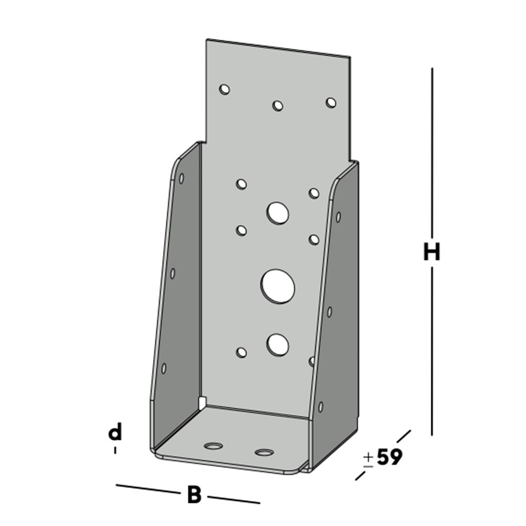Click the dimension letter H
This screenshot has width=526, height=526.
[x=431, y=253]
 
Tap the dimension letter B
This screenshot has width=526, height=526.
[x=194, y=495]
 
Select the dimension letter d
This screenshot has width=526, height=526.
[x=115, y=433]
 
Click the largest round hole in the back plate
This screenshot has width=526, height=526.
[x=277, y=286]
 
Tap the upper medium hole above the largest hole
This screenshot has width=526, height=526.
[x=277, y=213]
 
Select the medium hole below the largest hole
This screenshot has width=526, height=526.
[x=277, y=345]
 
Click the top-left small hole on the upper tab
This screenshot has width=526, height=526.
[x=225, y=89]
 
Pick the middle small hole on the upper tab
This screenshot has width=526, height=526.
[x=278, y=106]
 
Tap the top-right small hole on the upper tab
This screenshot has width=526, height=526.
[x=331, y=103]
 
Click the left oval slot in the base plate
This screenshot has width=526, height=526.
[x=213, y=447]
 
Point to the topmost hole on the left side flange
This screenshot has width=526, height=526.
[x=181, y=179]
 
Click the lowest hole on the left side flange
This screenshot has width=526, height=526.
[x=164, y=368]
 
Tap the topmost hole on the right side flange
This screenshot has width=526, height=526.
[x=338, y=217]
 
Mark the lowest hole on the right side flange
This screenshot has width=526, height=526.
[x=320, y=407]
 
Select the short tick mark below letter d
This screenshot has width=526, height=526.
[x=115, y=450]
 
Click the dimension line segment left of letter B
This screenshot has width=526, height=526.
[x=148, y=489]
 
